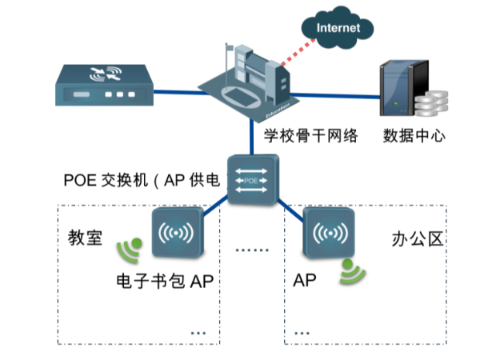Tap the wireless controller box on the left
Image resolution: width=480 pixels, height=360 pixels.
[102, 85]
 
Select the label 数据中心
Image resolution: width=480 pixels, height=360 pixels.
[414, 134]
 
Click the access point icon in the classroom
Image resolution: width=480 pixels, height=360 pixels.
[176, 234]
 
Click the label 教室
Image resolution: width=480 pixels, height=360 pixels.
[86, 238]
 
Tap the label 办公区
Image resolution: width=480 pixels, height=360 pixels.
[415, 239]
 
